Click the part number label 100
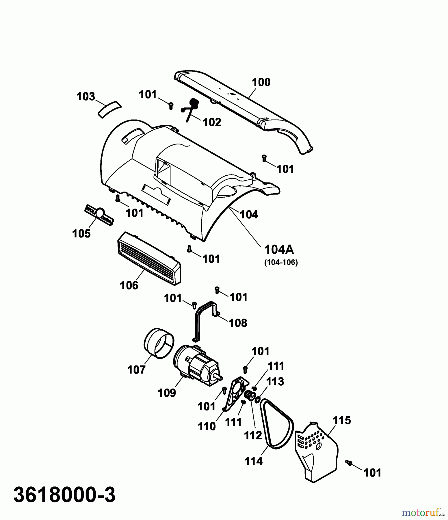(x=261, y=82)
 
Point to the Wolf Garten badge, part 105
(x=99, y=214)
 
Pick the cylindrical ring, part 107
(x=159, y=343)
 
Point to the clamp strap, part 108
(x=205, y=319)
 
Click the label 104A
(x=279, y=249)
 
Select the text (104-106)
(x=281, y=262)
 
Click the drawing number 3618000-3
(x=65, y=495)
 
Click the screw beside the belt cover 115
(x=349, y=463)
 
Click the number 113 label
(x=275, y=382)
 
